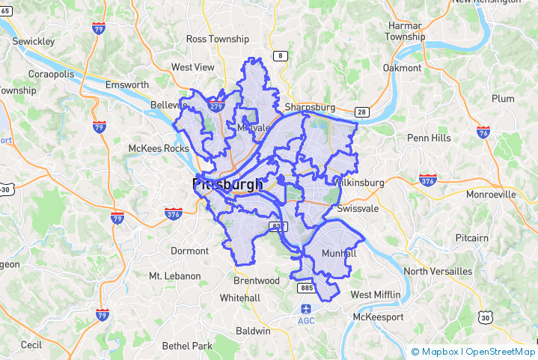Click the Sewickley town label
[33, 42]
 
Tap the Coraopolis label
[51, 74]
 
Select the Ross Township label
[217, 39]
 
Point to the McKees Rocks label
[159, 148]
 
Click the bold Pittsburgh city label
[227, 184]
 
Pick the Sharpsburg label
[309, 107]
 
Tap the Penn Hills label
[429, 138]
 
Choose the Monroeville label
[491, 194]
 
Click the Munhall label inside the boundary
[339, 254]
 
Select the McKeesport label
[378, 317]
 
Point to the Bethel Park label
[188, 346]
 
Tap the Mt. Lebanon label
[175, 276]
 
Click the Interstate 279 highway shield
[217, 106]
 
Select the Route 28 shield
[361, 112]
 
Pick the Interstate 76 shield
[483, 132]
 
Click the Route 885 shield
[305, 287]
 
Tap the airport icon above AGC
[306, 308]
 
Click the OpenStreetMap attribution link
[501, 352]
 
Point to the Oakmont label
[402, 67]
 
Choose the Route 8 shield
[281, 56]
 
